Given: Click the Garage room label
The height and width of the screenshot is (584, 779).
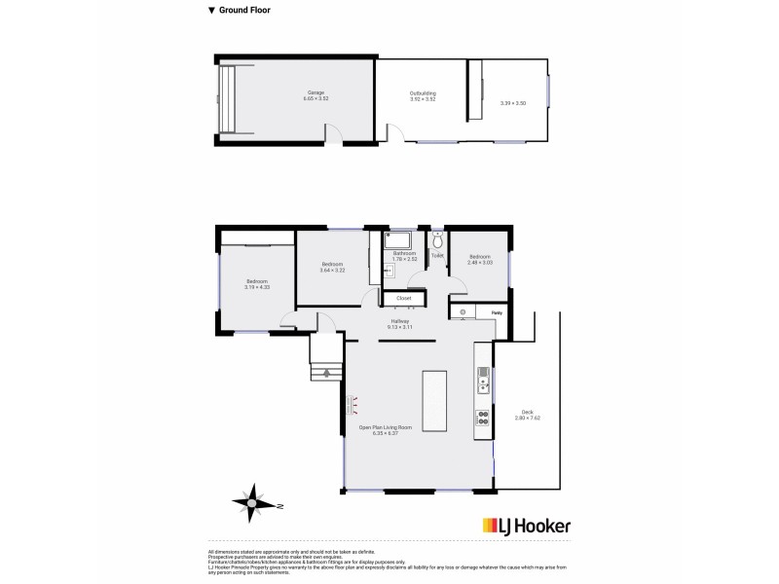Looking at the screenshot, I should pos(315,92).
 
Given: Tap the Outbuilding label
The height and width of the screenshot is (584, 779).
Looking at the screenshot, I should pos(423,92).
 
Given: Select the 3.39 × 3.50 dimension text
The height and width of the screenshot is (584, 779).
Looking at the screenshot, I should pos(513,103).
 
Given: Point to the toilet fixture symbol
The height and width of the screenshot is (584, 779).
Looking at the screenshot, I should pos(437,239).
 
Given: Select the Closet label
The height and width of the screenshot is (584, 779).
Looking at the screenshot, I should pos(403,298).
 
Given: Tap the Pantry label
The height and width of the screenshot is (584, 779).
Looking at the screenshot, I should pos(497,311).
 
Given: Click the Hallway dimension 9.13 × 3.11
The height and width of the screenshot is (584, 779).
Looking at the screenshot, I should pos(399,327).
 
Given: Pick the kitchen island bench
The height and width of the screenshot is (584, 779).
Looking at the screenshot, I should pos(434,400).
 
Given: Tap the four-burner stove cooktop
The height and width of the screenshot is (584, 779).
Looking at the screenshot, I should pos(481,418).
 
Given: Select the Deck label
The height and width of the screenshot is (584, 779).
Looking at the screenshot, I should pos(527,412).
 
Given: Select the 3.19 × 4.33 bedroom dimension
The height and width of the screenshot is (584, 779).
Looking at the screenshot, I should pos(257,288).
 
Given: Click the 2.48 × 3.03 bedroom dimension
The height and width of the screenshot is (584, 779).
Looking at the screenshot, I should pos(480,262).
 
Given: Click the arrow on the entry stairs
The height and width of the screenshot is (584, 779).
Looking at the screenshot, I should pos(327,373).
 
